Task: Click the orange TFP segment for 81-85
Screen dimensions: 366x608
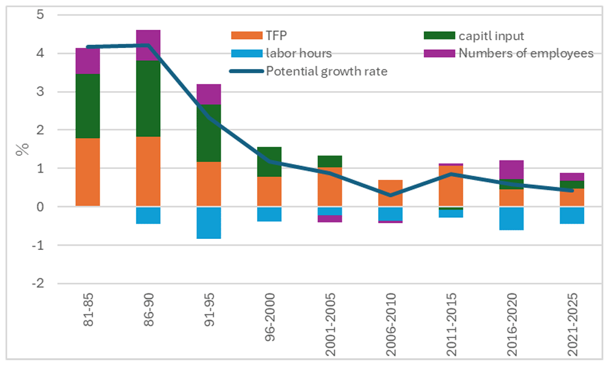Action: pos(88,172)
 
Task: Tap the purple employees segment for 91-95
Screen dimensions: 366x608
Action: pos(209,94)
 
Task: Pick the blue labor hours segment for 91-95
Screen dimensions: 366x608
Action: pos(209,223)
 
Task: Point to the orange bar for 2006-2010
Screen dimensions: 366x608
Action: pos(390,193)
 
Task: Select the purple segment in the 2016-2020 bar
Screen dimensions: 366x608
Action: pos(511,170)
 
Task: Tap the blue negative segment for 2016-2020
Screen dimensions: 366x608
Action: pos(511,218)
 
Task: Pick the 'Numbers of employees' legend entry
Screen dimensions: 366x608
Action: pos(525,54)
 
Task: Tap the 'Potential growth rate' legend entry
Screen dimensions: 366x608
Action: pos(326,71)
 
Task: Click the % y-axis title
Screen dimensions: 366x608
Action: pos(22,150)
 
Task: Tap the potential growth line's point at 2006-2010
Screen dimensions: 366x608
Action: pos(390,195)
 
